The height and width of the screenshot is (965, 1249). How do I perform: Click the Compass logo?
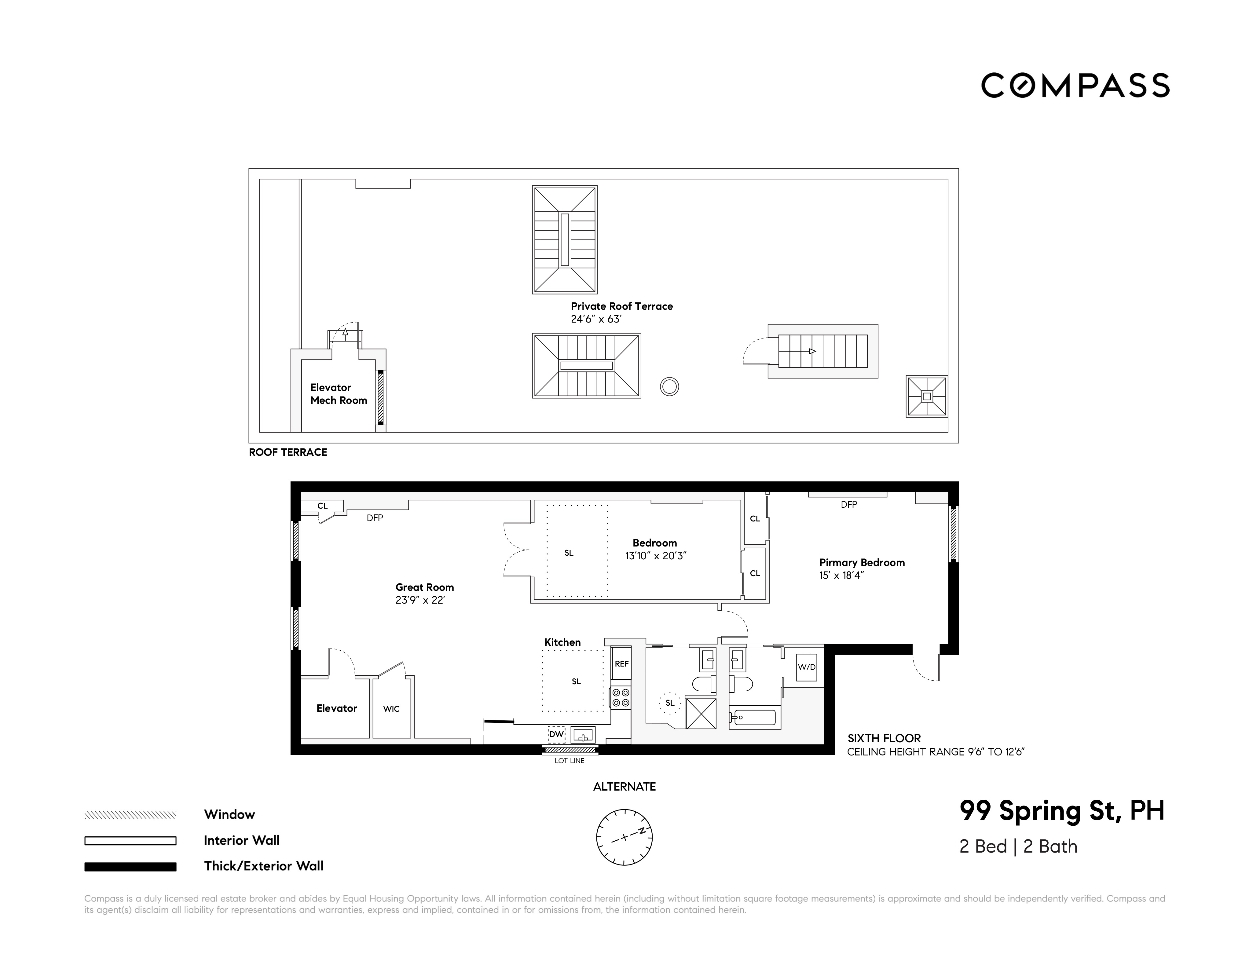[1075, 86]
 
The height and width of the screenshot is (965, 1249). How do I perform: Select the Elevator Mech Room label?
[339, 394]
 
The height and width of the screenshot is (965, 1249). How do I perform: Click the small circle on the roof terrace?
[669, 387]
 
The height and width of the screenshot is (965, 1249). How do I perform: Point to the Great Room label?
[424, 587]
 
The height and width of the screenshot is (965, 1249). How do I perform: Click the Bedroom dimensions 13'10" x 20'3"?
[655, 556]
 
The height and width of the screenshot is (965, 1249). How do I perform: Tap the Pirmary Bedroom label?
[862, 563]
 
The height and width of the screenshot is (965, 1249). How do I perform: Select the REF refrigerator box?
[622, 664]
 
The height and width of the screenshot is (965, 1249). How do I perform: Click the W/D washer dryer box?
[806, 667]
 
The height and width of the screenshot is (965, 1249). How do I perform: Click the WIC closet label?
[391, 709]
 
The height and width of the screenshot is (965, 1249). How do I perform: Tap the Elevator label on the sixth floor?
[336, 708]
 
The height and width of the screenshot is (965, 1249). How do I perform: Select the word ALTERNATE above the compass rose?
[624, 787]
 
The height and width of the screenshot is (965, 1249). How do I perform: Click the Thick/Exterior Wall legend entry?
[264, 866]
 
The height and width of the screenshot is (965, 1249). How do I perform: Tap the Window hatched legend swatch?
[130, 815]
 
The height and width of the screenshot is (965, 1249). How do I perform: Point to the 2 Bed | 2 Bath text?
[1018, 847]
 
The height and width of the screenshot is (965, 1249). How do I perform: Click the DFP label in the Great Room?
[375, 518]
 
